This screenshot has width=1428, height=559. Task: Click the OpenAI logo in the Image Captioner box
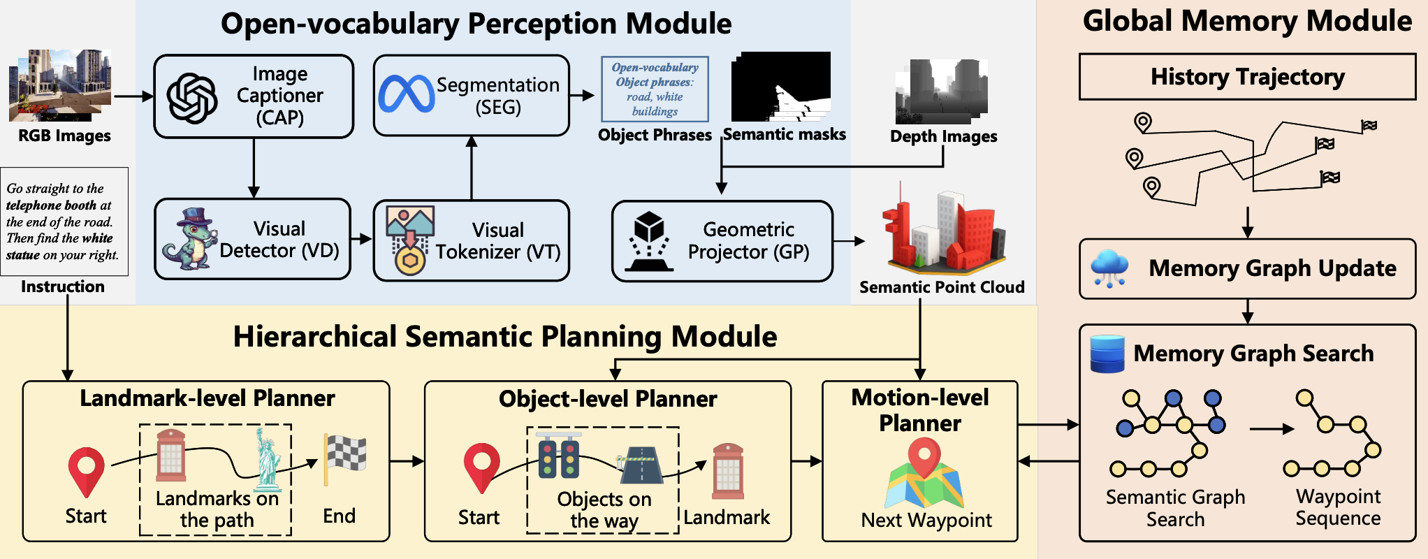tap(192, 98)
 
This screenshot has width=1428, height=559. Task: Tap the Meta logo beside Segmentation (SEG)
tap(406, 94)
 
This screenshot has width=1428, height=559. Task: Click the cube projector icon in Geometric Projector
tap(649, 241)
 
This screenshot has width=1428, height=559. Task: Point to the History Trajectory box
tap(1247, 77)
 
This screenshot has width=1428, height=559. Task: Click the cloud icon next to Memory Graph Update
tap(1109, 268)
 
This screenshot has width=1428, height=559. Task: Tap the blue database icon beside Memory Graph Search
tap(1107, 354)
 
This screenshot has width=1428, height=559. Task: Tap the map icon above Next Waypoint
tap(924, 474)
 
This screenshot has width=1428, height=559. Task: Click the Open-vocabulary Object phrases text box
tap(655, 89)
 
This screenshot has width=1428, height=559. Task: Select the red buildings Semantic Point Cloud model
tap(943, 231)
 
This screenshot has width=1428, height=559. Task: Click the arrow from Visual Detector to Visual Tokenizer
tap(361, 239)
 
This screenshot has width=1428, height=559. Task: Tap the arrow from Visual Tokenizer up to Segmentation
tap(472, 168)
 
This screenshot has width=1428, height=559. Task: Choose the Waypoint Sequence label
tap(1338, 507)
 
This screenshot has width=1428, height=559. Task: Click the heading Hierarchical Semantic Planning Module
tap(504, 337)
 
